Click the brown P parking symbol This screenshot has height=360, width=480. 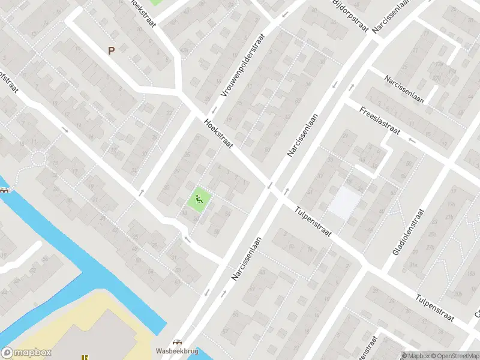(111, 51)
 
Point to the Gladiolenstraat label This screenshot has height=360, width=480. (409, 232)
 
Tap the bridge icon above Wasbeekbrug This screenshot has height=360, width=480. (176, 341)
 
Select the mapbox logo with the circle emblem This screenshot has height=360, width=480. (26, 353)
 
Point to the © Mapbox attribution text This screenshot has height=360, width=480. (415, 356)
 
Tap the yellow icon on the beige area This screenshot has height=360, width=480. (85, 357)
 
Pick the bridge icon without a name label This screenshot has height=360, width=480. (5, 190)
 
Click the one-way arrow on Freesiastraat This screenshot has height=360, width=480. (412, 140)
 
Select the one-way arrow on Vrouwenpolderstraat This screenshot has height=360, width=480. (212, 110)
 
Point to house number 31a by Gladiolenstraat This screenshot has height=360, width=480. (413, 265)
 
